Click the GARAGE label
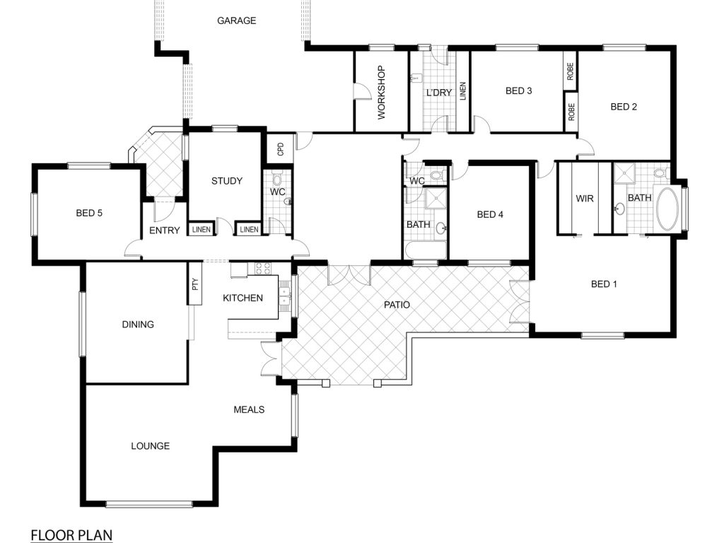[236, 21]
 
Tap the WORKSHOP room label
[381, 93]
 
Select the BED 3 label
[518, 91]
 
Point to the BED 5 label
[89, 214]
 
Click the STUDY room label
[227, 181]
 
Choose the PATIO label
[397, 305]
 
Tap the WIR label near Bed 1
[585, 199]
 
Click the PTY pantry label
[195, 284]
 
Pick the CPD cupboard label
[280, 149]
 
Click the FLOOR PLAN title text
[71, 535]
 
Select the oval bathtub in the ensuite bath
[667, 209]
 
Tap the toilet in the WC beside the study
[277, 178]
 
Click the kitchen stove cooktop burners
[263, 269]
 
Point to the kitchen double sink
[284, 296]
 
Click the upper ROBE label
[571, 71]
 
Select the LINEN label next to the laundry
[463, 91]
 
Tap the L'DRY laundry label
[438, 93]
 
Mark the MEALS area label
[249, 410]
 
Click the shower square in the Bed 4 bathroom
[436, 199]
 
